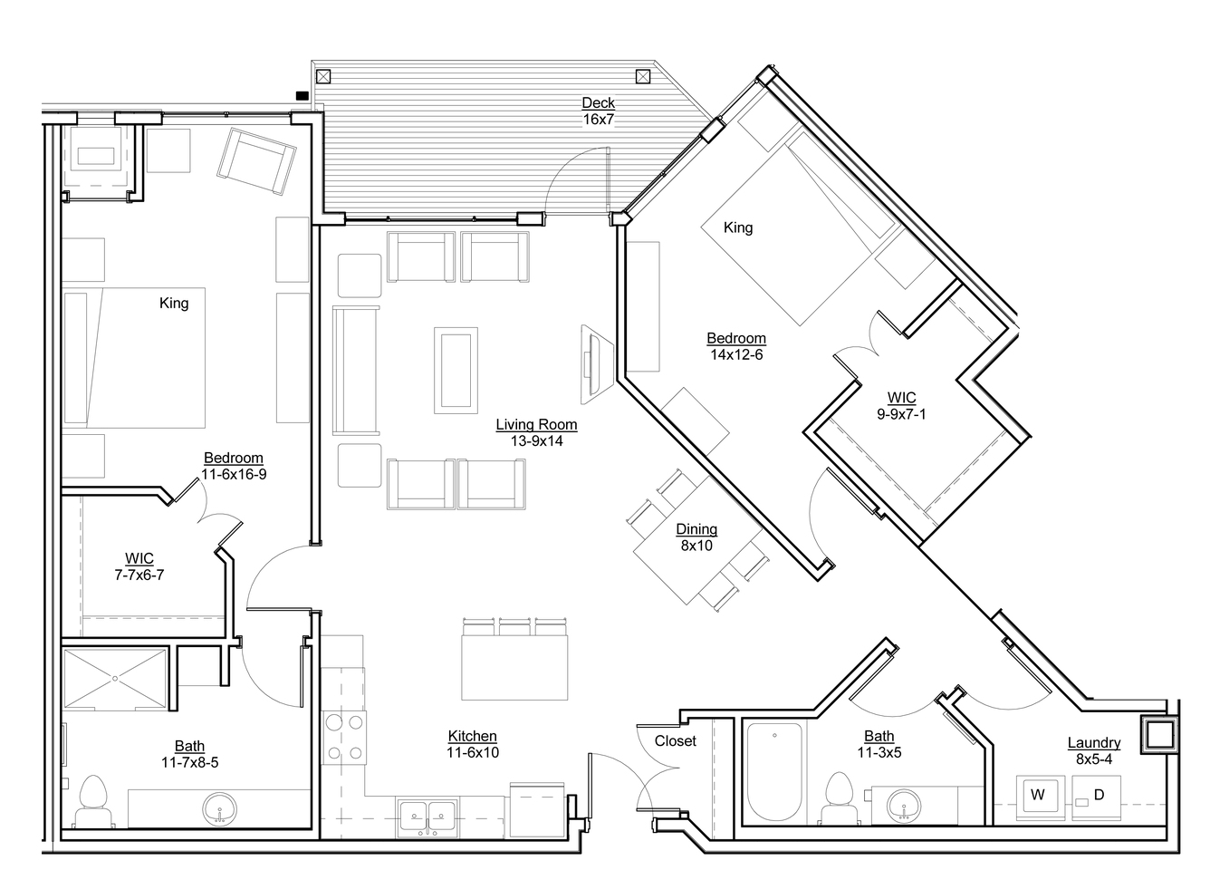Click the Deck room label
coord(598,102)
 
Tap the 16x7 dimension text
coord(598,120)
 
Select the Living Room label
coord(536,425)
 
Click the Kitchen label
coord(473,736)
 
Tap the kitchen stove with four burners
coord(345,737)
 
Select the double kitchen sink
coord(427,816)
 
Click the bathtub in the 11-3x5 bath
coord(774,774)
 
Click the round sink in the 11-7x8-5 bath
coord(220,809)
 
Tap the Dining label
coord(696,529)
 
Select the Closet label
coord(676,740)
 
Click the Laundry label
coord(1094,743)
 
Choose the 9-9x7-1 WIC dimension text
coord(901,414)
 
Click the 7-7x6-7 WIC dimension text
coord(139,575)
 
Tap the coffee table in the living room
coord(456,370)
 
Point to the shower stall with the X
coord(115,678)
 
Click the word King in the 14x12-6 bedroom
coord(738,227)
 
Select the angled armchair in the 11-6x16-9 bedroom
coord(257,160)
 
